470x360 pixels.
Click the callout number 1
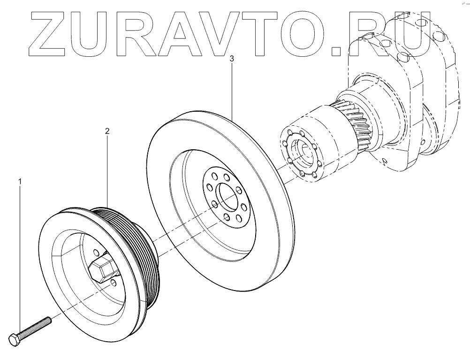click(20, 180)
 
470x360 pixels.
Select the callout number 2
click(107, 131)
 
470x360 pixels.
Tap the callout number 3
click(232, 59)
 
